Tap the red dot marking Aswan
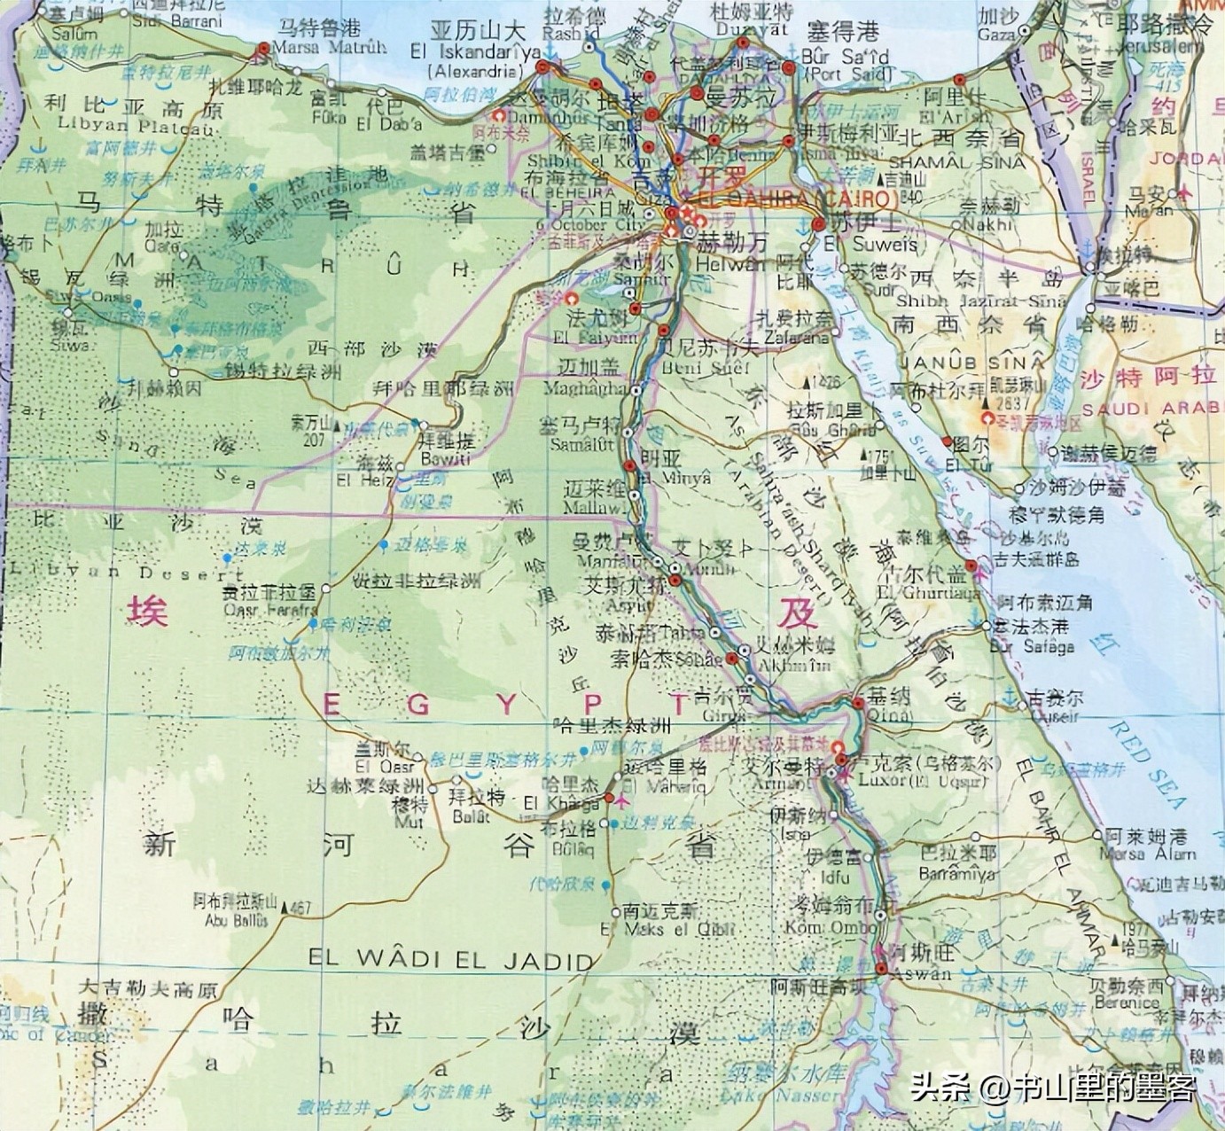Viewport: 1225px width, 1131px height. (x=881, y=969)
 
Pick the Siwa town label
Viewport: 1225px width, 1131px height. (x=71, y=345)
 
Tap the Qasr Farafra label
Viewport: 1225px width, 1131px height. (x=269, y=610)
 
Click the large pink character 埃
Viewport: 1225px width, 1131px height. (x=147, y=610)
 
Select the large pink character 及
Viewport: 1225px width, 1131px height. (x=795, y=612)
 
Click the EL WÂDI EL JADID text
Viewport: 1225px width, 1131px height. (x=450, y=959)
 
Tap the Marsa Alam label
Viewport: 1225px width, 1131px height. (x=1148, y=854)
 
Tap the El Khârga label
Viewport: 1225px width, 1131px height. (x=561, y=804)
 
